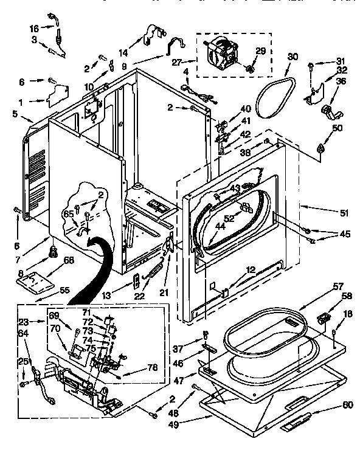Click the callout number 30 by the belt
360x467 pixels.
pyautogui.click(x=293, y=57)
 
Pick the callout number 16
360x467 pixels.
pyautogui.click(x=33, y=28)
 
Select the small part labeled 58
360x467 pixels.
pyautogui.click(x=324, y=318)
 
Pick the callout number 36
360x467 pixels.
pyautogui.click(x=341, y=81)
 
